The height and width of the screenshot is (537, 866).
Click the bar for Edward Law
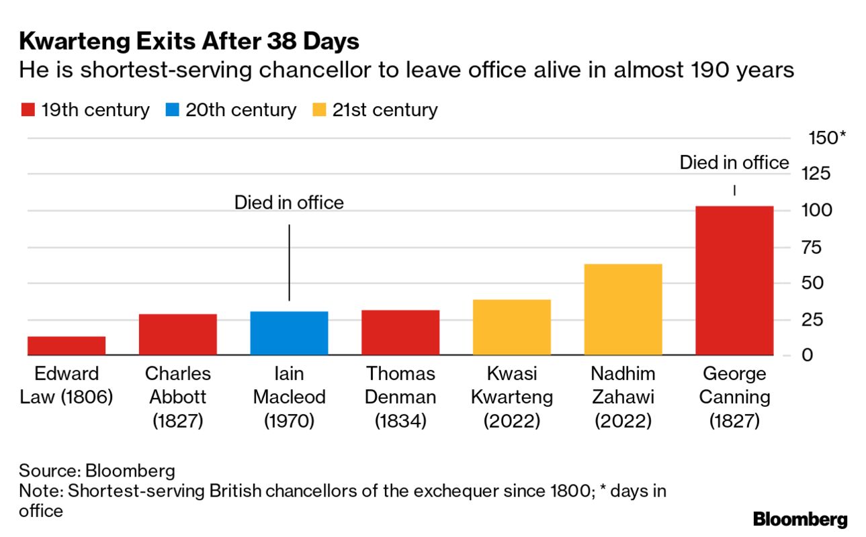coord(67,345)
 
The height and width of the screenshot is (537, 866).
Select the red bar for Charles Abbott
coord(177,334)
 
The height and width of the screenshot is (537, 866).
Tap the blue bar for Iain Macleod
coord(289,333)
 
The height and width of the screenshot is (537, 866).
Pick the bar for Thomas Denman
coord(400,332)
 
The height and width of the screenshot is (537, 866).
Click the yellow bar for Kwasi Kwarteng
coord(511,327)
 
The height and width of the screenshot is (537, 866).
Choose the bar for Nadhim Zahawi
coord(623,309)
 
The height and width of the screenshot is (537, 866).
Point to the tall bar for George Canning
coord(734,280)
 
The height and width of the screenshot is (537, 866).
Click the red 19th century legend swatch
coord(27,110)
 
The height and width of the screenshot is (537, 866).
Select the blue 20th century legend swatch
coord(171,110)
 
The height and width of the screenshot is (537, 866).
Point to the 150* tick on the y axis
coord(826,138)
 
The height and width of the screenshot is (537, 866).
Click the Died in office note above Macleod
coord(289,203)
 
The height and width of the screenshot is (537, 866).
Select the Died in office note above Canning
coord(734,163)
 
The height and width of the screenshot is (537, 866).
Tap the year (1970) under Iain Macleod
coord(289,421)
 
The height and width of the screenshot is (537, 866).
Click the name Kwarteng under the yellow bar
coord(511,397)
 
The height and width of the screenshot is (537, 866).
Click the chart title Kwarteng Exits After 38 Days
coord(189,42)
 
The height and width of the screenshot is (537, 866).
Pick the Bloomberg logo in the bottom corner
coord(800,519)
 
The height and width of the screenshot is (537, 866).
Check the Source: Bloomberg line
coord(97,470)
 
